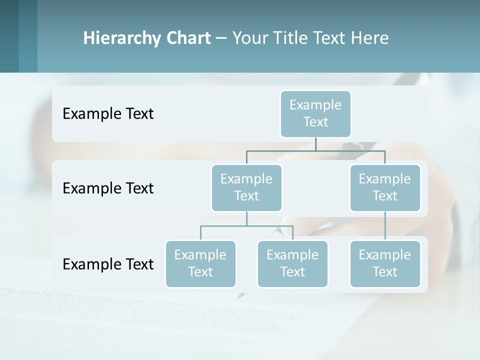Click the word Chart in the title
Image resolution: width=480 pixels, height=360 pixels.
click(x=189, y=38)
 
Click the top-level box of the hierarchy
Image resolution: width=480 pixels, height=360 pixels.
click(x=315, y=114)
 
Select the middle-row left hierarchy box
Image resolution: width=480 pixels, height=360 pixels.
click(x=246, y=187)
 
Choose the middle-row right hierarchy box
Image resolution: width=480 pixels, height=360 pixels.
click(x=385, y=187)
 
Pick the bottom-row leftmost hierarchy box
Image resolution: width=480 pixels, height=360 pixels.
click(x=200, y=263)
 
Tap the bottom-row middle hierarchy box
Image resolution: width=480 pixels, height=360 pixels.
click(x=292, y=263)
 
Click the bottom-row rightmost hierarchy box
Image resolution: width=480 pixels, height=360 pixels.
click(x=385, y=263)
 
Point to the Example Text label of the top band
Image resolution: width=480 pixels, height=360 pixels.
click(x=108, y=114)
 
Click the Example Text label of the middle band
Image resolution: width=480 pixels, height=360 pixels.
click(x=108, y=188)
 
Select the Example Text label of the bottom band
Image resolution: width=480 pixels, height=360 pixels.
click(x=108, y=264)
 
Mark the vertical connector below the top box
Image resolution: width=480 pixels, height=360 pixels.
click(x=315, y=144)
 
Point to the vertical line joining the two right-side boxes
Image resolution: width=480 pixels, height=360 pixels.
click(x=385, y=226)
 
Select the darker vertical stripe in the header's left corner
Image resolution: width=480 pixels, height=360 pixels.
click(x=9, y=36)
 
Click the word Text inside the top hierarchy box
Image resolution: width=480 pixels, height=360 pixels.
click(x=315, y=122)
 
